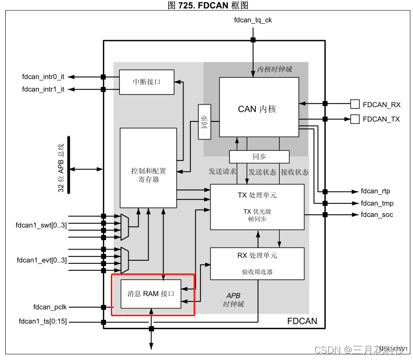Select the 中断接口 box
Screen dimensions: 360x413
146,82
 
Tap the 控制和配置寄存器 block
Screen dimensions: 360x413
148,168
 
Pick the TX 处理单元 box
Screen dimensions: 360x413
257,206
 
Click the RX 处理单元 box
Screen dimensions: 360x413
257,263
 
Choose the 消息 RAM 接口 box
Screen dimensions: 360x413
151,294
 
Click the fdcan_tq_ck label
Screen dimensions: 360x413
253,21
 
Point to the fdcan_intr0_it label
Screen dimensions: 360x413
43,77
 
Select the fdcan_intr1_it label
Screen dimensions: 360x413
43,89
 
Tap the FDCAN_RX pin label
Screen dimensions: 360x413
381,104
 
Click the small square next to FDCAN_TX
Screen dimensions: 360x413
356,119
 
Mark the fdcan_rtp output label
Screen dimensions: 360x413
375,191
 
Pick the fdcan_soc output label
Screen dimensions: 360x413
377,214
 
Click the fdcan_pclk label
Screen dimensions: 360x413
50,307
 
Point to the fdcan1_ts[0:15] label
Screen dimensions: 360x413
43,321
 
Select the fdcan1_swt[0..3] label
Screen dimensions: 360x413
42,225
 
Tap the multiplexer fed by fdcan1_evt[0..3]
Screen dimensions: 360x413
125,255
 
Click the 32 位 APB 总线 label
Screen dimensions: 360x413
61,167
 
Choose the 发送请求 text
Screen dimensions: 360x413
222,172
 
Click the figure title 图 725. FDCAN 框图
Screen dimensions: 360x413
207,5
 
